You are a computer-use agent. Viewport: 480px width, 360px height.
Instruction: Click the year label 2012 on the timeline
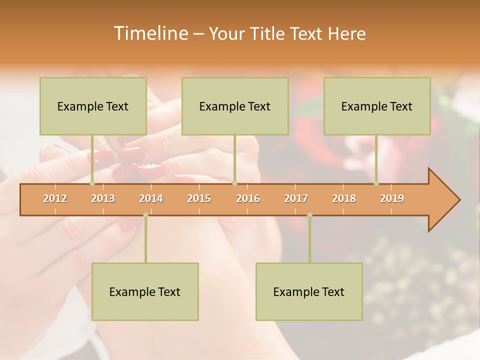pyautogui.click(x=55, y=198)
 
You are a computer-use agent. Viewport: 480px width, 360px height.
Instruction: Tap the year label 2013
pyautogui.click(x=103, y=198)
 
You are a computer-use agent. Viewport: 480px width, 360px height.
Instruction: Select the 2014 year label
pyautogui.click(x=151, y=198)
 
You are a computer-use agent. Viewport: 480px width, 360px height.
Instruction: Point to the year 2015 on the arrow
pyautogui.click(x=199, y=198)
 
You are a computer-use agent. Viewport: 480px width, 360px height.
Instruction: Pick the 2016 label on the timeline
pyautogui.click(x=248, y=198)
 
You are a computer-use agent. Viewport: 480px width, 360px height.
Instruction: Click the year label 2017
pyautogui.click(x=296, y=198)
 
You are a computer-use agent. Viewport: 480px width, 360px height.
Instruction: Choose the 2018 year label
pyautogui.click(x=344, y=198)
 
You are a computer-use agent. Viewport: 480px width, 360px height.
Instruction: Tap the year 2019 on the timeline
pyautogui.click(x=392, y=198)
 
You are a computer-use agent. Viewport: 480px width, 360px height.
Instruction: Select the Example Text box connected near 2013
pyautogui.click(x=93, y=106)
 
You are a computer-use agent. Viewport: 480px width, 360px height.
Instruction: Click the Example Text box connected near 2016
pyautogui.click(x=235, y=106)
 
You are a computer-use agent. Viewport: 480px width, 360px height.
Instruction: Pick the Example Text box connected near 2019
pyautogui.click(x=377, y=106)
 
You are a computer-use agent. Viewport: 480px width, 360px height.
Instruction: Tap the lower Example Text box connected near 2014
pyautogui.click(x=145, y=291)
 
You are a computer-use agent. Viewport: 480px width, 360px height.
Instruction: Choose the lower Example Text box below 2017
pyautogui.click(x=309, y=291)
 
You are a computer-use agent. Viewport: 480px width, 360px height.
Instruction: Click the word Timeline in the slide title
pyautogui.click(x=150, y=33)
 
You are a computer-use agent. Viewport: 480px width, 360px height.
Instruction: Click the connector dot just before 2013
pyautogui.click(x=92, y=183)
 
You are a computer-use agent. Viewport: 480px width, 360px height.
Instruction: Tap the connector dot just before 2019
pyautogui.click(x=376, y=183)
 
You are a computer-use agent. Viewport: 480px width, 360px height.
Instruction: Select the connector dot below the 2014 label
pyautogui.click(x=145, y=215)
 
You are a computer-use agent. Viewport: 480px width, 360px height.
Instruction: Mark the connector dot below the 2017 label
pyautogui.click(x=309, y=215)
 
